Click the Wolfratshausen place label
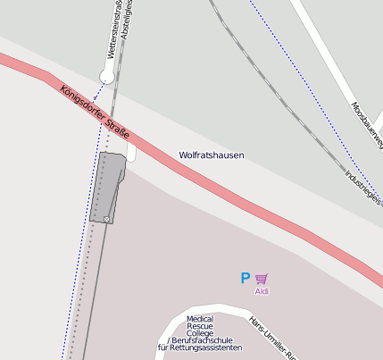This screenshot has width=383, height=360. coord(211,155)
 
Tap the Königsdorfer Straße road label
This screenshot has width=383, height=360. coord(96,113)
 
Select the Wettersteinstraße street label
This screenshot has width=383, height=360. coord(113,31)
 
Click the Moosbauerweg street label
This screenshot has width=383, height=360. coord(367,125)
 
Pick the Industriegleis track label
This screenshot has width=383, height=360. coord(362,186)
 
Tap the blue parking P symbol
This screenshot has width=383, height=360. coord(245,279)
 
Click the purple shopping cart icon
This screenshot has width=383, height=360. coord(262,279)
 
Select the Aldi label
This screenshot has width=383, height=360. coord(262,291)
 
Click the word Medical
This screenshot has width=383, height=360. coord(200,319)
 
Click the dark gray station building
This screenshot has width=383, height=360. coord(107,183)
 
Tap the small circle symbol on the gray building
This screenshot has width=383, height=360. coord(106,219)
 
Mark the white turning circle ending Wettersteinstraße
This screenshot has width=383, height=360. coord(107,78)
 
